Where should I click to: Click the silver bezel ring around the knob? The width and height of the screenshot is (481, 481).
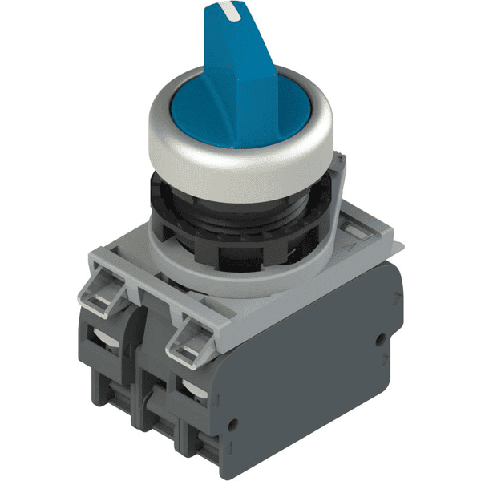pyautogui.click(x=240, y=172)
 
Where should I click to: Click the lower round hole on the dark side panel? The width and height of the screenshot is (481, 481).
pyautogui.click(x=234, y=422)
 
